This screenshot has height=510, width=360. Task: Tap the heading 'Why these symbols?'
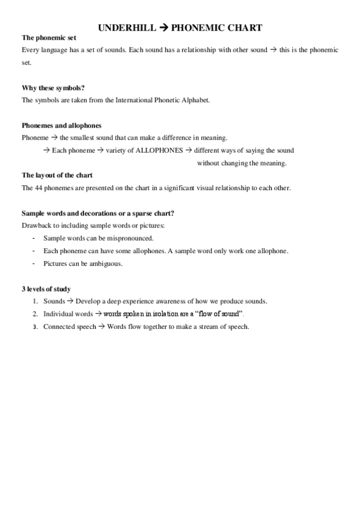(52, 88)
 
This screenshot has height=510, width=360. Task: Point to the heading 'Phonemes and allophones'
(61, 126)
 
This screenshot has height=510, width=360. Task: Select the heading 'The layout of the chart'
(57, 176)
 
